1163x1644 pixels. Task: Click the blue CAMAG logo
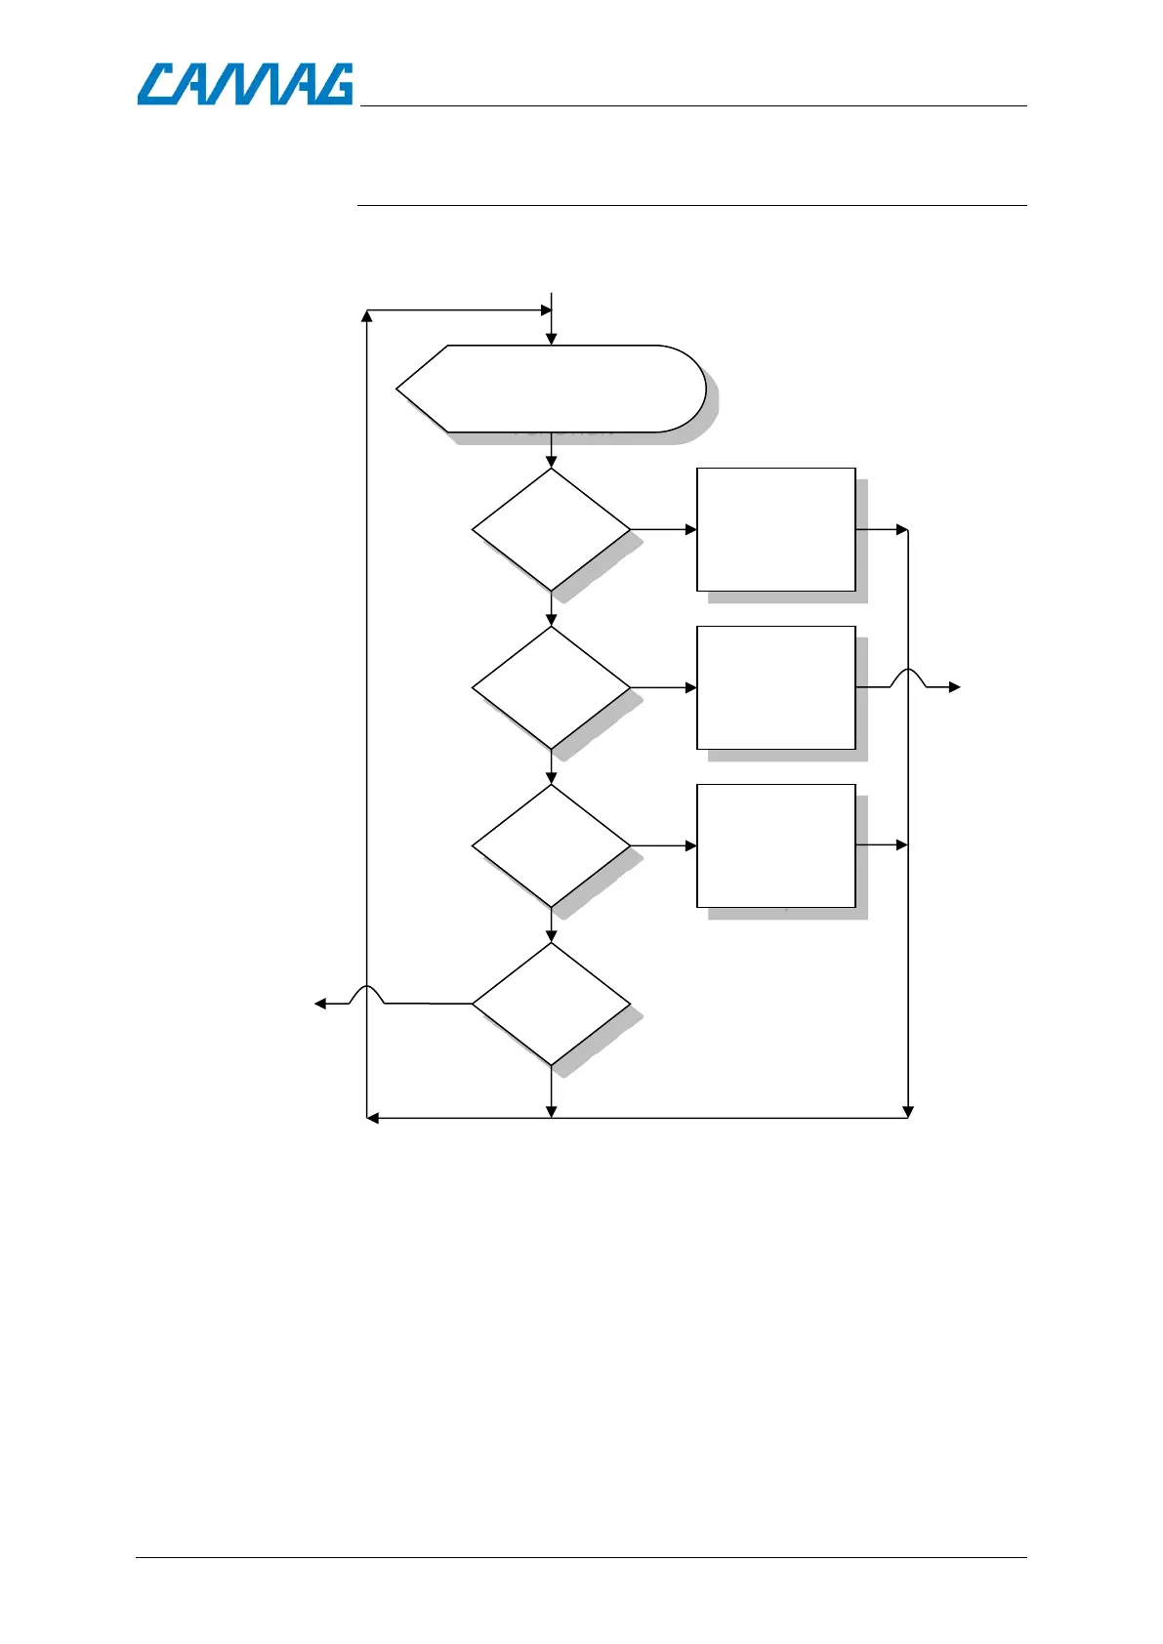tap(244, 84)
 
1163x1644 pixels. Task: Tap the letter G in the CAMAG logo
tap(332, 84)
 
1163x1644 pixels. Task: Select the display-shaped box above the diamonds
tap(551, 388)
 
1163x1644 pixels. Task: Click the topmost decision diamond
tap(551, 529)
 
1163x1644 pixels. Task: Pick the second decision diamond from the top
tap(551, 687)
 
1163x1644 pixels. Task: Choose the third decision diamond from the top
tap(551, 845)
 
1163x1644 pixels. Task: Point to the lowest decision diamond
tap(551, 1003)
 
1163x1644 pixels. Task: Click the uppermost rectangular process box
tap(775, 529)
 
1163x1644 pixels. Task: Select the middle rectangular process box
tap(775, 687)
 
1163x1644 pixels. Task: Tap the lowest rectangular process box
tap(775, 845)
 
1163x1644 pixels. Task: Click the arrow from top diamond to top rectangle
tap(664, 529)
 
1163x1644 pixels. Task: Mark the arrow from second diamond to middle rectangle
tap(664, 687)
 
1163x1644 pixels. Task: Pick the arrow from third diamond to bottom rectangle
tap(664, 845)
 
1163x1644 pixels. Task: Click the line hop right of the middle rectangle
tap(908, 678)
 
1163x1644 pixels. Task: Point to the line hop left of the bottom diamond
tap(366, 994)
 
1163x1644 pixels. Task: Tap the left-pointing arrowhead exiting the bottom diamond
tap(320, 1003)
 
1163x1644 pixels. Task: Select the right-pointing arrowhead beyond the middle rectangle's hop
tap(955, 687)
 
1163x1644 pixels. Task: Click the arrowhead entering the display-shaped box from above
tap(551, 339)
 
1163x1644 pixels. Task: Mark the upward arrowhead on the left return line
tap(366, 316)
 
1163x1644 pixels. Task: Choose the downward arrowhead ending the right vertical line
tap(908, 1111)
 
